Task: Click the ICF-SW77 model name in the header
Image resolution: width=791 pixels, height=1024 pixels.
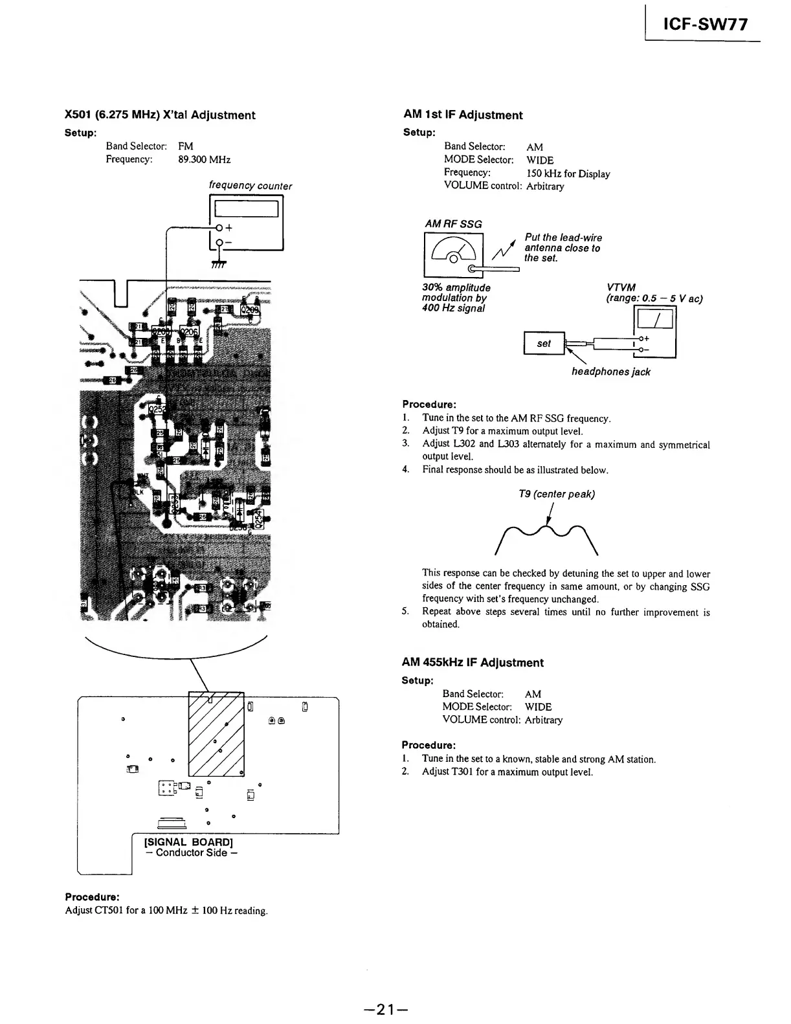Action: click(x=706, y=25)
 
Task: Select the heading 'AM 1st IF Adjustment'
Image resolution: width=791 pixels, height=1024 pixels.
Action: click(x=462, y=115)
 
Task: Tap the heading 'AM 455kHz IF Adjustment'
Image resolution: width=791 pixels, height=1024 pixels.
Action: click(x=472, y=663)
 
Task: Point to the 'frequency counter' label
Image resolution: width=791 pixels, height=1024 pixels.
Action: click(x=250, y=186)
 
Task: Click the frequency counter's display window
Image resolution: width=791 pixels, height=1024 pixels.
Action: click(x=246, y=208)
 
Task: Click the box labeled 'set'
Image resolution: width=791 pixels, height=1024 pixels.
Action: click(x=544, y=344)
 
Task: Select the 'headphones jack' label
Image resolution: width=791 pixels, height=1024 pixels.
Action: click(x=610, y=372)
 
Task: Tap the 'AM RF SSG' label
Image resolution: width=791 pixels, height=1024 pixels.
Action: click(x=453, y=224)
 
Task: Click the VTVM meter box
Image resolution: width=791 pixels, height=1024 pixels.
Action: click(x=656, y=331)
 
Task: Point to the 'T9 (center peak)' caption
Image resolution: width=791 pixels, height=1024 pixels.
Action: click(x=557, y=495)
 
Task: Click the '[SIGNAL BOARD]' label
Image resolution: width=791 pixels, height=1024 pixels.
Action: click(x=188, y=842)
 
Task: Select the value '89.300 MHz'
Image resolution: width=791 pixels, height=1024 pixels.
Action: click(x=204, y=160)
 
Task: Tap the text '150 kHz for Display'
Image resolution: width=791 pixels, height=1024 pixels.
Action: click(x=568, y=173)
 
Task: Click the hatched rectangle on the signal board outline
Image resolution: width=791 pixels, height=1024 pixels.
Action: click(x=216, y=734)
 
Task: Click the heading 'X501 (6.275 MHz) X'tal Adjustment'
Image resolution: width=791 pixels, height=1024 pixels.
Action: click(x=160, y=115)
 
